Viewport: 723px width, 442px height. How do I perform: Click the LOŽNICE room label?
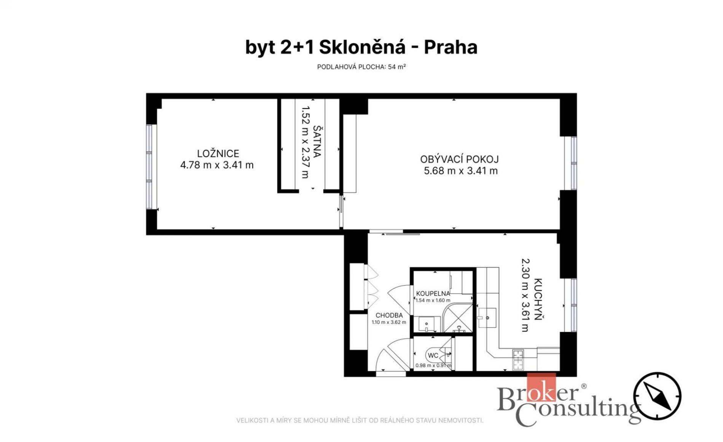[218, 153]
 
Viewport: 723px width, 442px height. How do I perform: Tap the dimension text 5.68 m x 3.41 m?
[461, 171]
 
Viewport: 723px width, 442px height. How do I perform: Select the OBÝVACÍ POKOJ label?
[459, 159]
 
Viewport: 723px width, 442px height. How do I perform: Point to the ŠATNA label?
[317, 141]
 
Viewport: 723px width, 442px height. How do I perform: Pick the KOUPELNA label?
[433, 294]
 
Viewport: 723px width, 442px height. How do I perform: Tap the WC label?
[433, 356]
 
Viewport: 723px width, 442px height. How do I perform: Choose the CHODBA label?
[389, 315]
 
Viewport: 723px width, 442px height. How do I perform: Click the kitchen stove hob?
[518, 360]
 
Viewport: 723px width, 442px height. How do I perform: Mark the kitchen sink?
[487, 318]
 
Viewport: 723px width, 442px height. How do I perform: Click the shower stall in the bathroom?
[458, 318]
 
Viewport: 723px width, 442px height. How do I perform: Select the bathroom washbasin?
[427, 324]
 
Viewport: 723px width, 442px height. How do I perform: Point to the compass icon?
[657, 396]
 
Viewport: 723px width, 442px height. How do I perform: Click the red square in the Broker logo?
[541, 387]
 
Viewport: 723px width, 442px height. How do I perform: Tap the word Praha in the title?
[451, 48]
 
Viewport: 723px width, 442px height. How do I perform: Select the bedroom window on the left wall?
[149, 167]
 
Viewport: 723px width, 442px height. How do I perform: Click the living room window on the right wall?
[573, 163]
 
